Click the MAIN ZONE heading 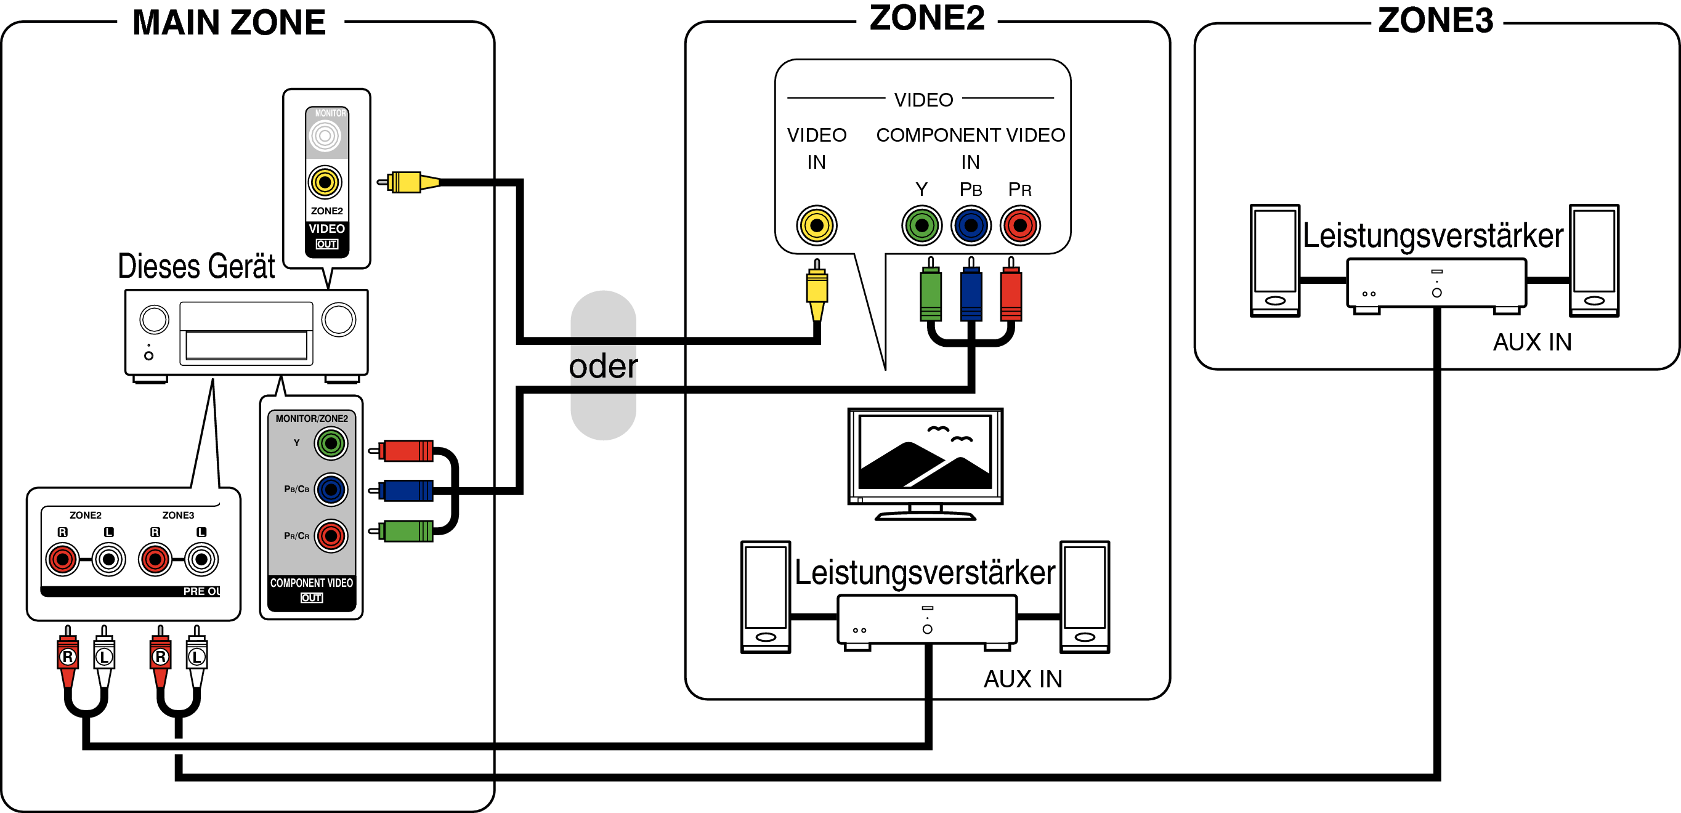[229, 23]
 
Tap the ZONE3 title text [1435, 21]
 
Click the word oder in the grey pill [603, 366]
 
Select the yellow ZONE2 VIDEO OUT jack [325, 182]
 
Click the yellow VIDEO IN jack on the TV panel [816, 226]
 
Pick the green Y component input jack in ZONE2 [922, 226]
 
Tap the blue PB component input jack [971, 226]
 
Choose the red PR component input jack [1020, 226]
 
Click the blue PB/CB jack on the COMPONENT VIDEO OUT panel [331, 490]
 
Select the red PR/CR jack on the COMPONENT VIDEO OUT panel [331, 536]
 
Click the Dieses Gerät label [196, 266]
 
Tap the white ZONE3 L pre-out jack [201, 559]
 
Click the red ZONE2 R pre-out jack [63, 559]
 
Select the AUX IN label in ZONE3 [1532, 342]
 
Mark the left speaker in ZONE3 [1274, 261]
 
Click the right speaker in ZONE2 [1085, 597]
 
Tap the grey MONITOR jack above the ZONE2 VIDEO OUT [325, 135]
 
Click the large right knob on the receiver [339, 320]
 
